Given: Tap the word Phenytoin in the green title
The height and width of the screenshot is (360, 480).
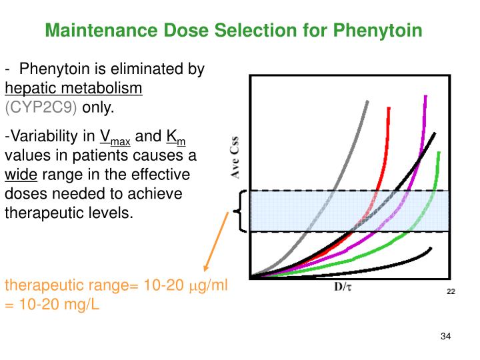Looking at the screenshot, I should coord(382,31).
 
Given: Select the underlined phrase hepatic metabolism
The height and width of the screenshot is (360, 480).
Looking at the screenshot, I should coord(73,88).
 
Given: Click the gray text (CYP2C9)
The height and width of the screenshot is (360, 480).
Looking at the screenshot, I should coord(41,107).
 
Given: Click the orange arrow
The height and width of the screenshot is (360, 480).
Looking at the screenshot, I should coord(219,247).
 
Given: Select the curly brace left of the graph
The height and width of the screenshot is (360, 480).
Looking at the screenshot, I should coord(239,211).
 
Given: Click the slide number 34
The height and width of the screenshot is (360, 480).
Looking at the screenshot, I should coord(446,335).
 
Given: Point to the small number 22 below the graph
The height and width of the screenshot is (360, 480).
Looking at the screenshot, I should coord(451,292).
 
